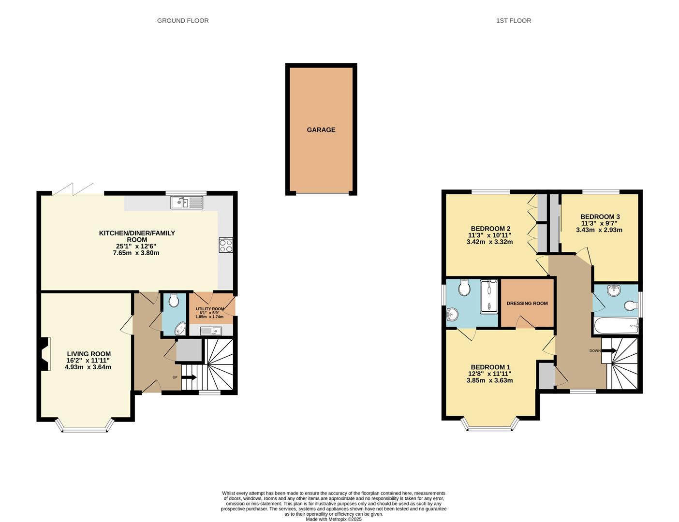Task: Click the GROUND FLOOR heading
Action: click(x=183, y=21)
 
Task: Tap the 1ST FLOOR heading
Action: click(x=513, y=21)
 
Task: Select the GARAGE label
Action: click(x=321, y=130)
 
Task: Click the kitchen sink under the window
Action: click(x=187, y=203)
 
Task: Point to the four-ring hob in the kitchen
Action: click(x=225, y=245)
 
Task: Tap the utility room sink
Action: click(x=211, y=331)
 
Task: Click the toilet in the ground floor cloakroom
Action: click(x=174, y=301)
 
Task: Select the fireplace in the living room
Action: click(x=44, y=354)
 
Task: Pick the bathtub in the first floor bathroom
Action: click(x=615, y=326)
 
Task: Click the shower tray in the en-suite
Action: click(x=488, y=296)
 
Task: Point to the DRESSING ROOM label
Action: click(x=527, y=304)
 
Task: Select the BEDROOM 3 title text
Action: click(x=600, y=217)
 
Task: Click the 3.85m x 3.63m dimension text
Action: click(x=489, y=380)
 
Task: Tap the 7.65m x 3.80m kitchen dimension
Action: click(x=136, y=253)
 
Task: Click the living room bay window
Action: click(x=85, y=427)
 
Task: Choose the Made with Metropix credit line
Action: click(x=333, y=519)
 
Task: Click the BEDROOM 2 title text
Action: click(x=490, y=229)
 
